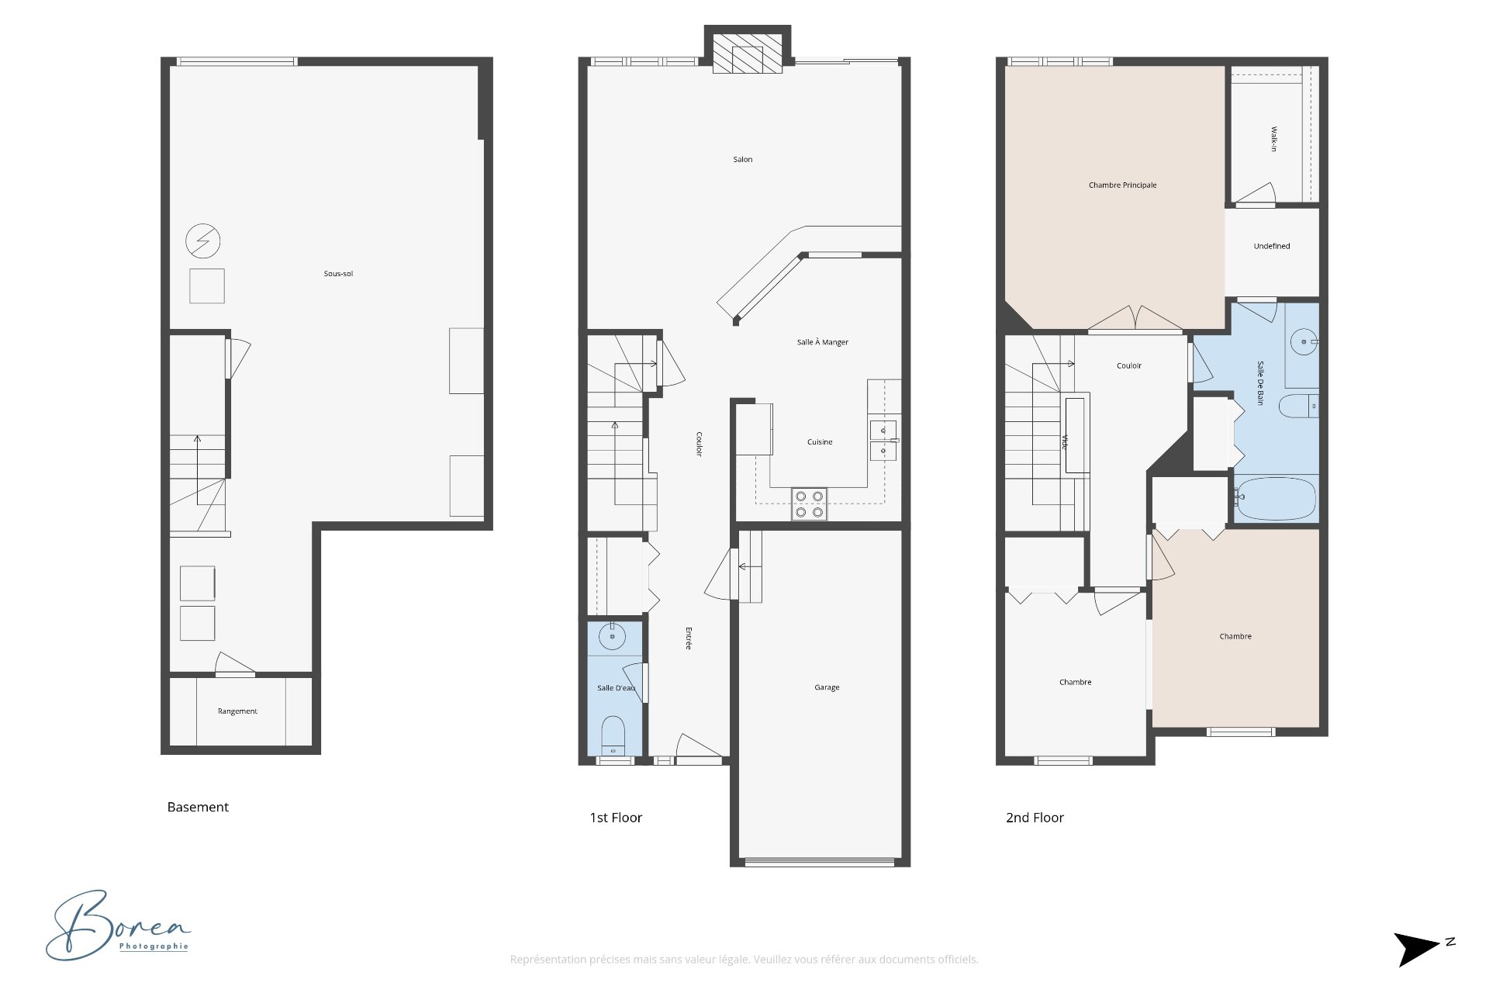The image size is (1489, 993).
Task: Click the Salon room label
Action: point(742,160)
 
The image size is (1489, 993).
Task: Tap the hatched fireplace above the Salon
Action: point(747,54)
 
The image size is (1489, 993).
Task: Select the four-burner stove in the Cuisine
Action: point(809,504)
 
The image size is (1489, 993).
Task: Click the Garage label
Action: point(827,687)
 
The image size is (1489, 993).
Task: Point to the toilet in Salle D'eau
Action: point(613,735)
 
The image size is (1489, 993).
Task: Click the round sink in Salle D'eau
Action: point(612,636)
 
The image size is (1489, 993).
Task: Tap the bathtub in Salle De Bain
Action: point(1276,499)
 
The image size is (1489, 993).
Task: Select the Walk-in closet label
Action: point(1273,139)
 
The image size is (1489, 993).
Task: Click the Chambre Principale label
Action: point(1122,185)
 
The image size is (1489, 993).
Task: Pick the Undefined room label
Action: point(1272,247)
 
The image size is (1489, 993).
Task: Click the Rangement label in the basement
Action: point(237,711)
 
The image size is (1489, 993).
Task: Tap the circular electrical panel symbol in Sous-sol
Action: point(203,241)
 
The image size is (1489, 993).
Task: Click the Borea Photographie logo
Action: point(118,925)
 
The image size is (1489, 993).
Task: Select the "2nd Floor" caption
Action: point(1035,818)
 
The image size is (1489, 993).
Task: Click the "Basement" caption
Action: point(198,807)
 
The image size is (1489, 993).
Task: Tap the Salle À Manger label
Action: point(823,342)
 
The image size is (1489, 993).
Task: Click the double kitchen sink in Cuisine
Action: point(883,441)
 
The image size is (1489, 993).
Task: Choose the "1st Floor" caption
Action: point(616,818)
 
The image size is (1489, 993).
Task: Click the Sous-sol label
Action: point(338,274)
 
